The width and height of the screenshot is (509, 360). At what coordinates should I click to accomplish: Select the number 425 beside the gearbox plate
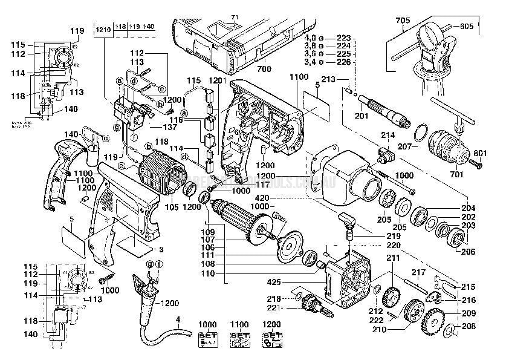[274, 281]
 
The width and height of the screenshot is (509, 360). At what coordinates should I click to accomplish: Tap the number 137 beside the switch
[169, 128]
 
